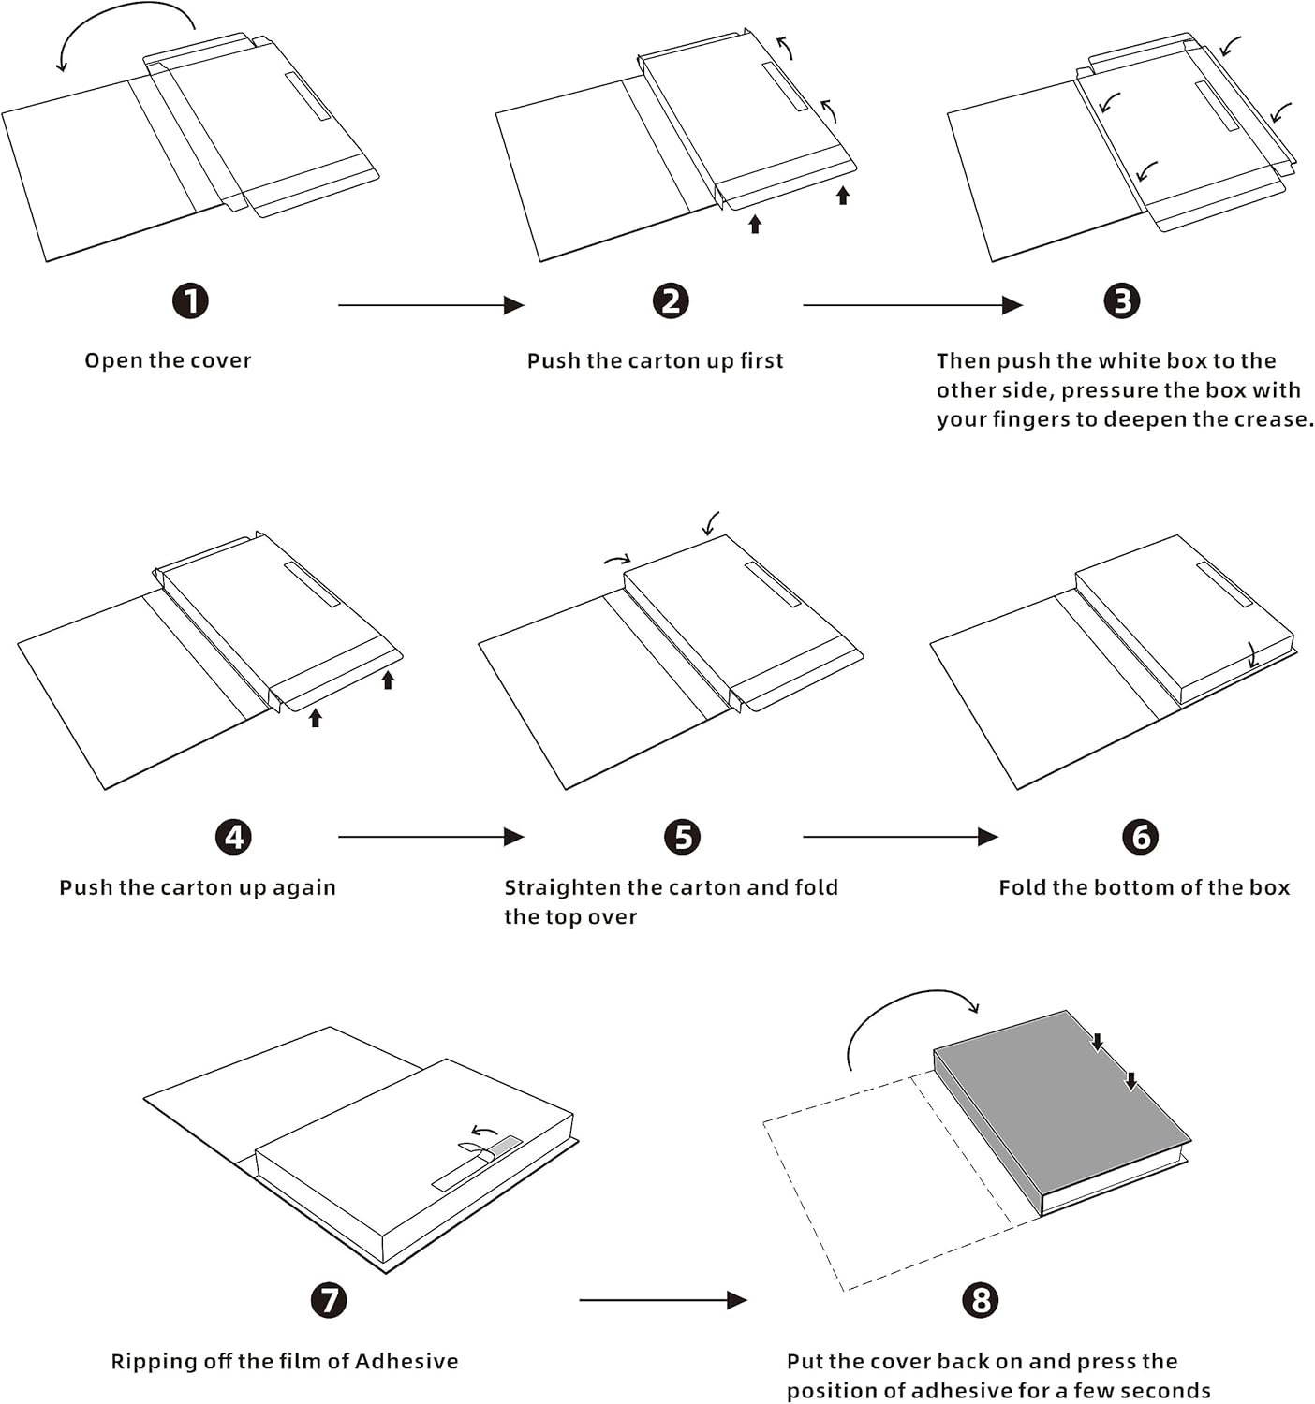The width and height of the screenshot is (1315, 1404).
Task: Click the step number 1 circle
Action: point(191,301)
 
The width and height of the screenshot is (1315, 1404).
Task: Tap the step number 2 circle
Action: point(671,301)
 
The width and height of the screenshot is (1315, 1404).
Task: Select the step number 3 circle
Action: point(1122,301)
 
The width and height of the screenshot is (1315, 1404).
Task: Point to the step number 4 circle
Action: point(233,837)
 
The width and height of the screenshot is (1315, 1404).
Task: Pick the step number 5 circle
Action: point(682,837)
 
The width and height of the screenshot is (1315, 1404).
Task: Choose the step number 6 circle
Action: point(1140,837)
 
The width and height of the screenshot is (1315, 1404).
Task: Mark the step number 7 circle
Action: point(329,1299)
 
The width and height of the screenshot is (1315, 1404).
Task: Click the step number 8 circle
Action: point(981,1299)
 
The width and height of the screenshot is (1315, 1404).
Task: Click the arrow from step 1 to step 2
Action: point(431,305)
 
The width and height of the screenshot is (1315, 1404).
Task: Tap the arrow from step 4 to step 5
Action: point(431,837)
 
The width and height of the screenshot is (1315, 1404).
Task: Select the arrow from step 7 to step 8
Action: point(662,1300)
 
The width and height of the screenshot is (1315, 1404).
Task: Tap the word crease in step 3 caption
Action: point(1274,418)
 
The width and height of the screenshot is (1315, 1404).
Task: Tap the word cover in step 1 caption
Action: point(221,360)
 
